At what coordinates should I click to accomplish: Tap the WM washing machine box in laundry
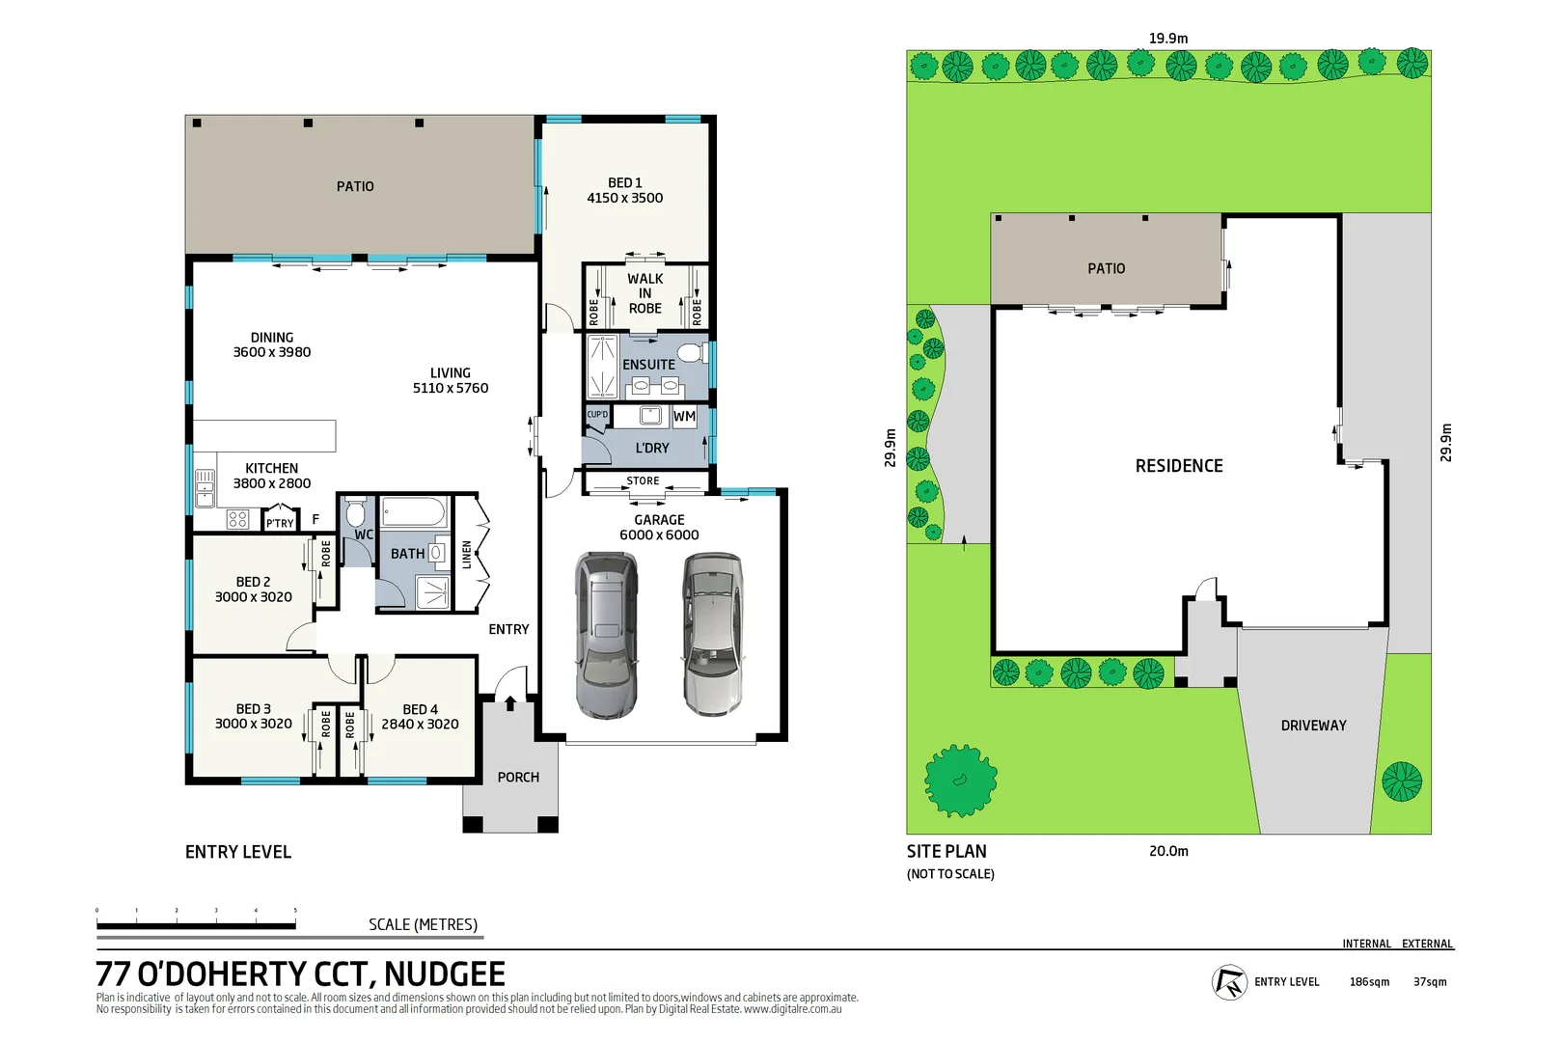(684, 417)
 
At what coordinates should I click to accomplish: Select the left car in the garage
(606, 635)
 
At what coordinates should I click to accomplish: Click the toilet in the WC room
(356, 512)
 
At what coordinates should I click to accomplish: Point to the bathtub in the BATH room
(413, 511)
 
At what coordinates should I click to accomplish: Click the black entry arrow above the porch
(510, 704)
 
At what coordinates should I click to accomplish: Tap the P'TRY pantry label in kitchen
(280, 523)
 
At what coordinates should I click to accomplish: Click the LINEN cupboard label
(467, 555)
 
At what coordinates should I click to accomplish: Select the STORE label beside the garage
(643, 480)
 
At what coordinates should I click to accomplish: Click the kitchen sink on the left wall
(205, 487)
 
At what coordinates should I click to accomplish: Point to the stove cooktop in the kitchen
(237, 520)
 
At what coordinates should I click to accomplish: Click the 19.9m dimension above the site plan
(1167, 39)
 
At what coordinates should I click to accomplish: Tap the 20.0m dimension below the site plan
(1168, 851)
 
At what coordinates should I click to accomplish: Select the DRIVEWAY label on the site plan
(1313, 726)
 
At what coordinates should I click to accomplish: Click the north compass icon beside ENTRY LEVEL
(1229, 982)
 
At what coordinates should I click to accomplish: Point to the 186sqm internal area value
(1369, 982)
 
